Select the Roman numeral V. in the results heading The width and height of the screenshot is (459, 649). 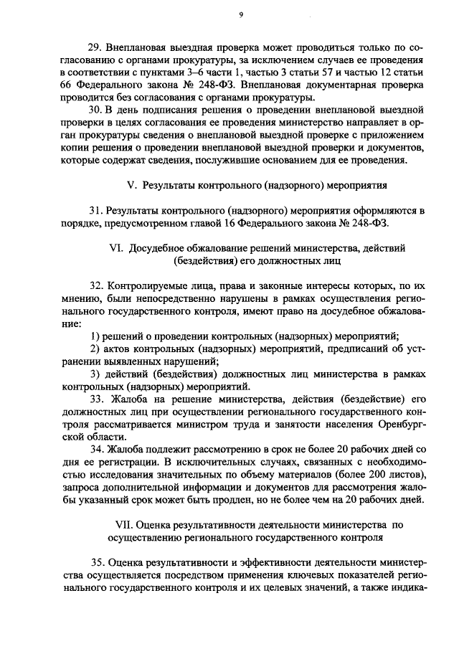coord(132,185)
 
